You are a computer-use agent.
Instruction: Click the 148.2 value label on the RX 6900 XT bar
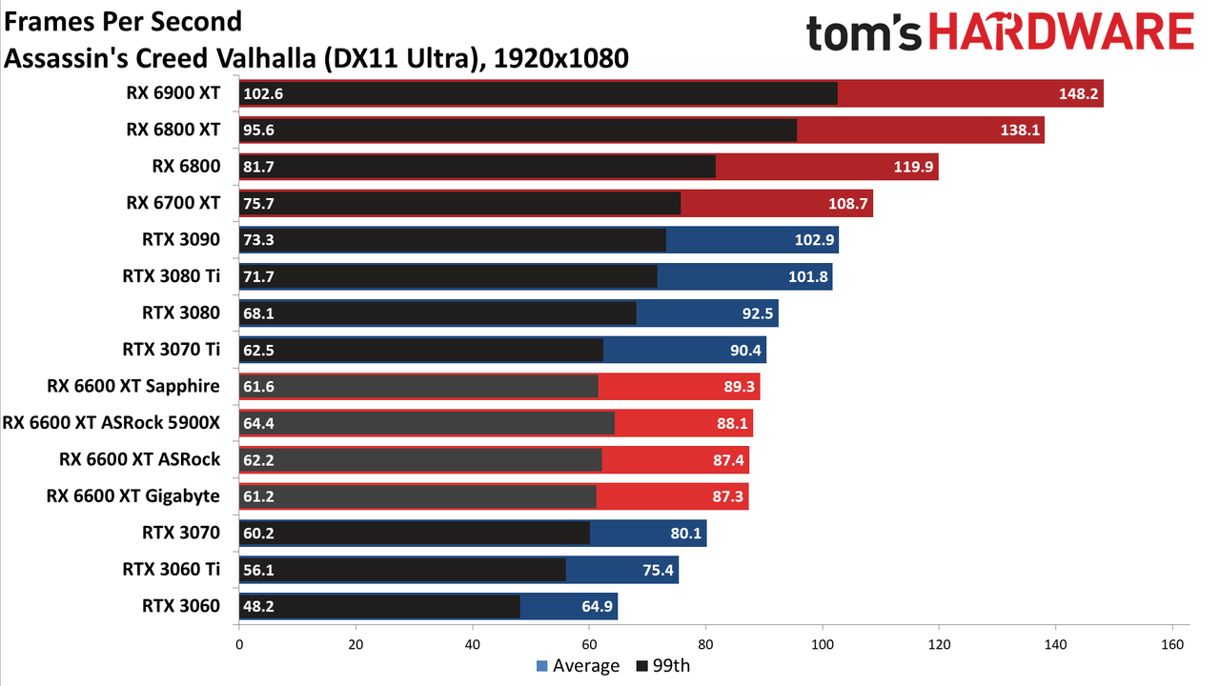click(x=1078, y=93)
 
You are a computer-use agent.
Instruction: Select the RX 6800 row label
click(x=186, y=166)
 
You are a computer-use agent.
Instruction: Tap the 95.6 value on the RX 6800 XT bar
click(x=258, y=131)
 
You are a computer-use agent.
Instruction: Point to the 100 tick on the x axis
click(x=823, y=645)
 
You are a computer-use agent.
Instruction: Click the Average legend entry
click(x=578, y=666)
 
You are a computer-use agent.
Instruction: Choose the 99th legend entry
click(x=663, y=666)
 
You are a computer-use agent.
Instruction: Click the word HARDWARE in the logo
click(x=1062, y=32)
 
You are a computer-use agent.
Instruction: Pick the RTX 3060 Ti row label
click(x=171, y=570)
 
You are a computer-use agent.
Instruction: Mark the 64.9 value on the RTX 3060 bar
click(x=597, y=606)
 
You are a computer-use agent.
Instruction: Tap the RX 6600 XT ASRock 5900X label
click(x=112, y=423)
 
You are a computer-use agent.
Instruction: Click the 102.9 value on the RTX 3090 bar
click(x=814, y=240)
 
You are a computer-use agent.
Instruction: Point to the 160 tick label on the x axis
click(x=1172, y=645)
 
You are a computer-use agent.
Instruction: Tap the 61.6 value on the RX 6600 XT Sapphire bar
click(x=258, y=387)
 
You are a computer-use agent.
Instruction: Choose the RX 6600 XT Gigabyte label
click(x=132, y=496)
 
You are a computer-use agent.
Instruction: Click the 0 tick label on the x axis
click(x=239, y=645)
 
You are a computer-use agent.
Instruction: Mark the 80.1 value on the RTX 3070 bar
click(x=685, y=533)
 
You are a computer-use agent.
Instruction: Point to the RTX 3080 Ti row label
click(x=171, y=276)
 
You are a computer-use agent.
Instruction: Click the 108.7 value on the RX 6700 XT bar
click(x=848, y=204)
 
